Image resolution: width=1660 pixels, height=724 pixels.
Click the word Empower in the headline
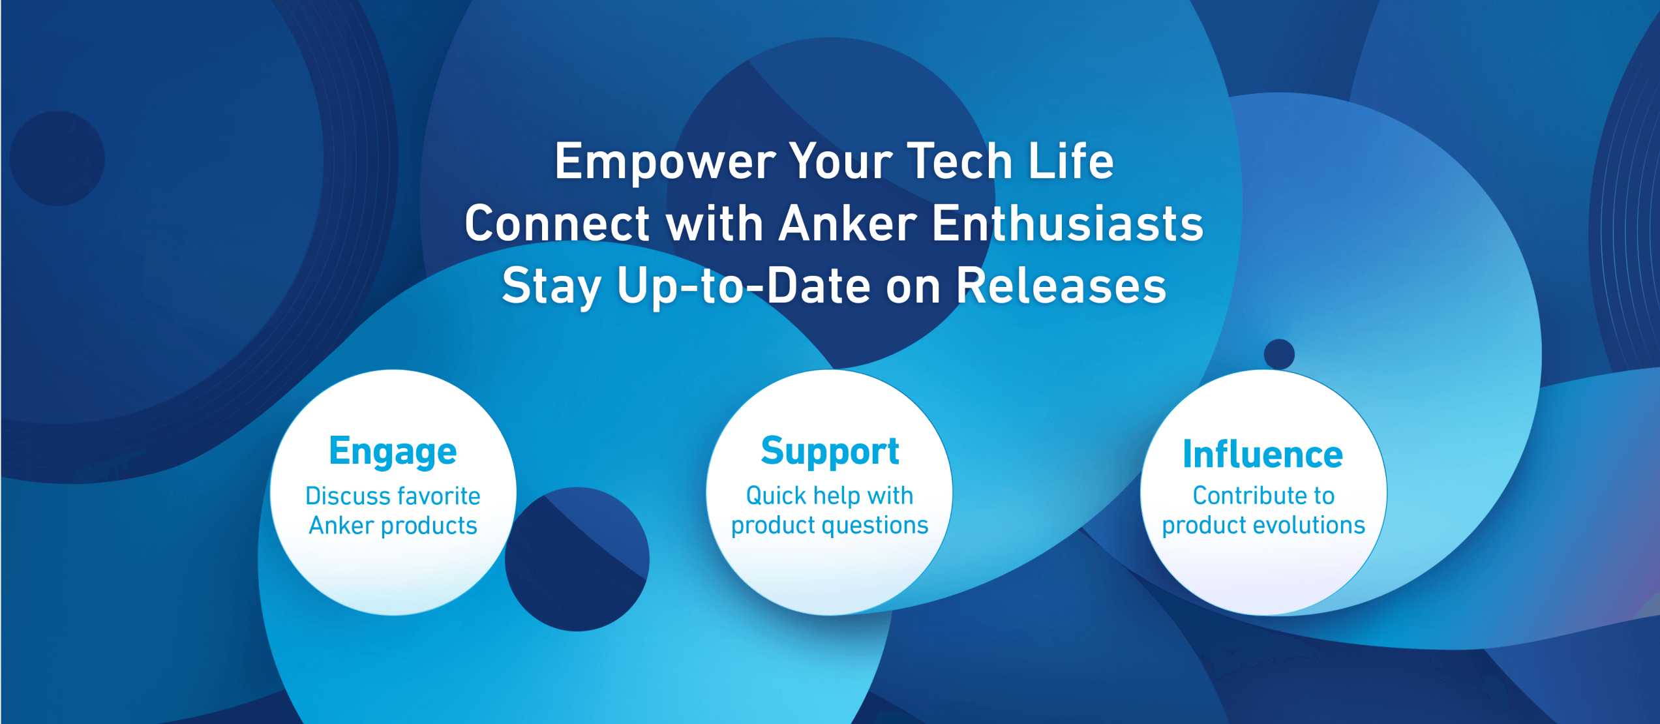[x=665, y=162]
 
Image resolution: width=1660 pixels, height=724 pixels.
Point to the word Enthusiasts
[x=1068, y=224]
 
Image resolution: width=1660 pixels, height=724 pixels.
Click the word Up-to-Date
[x=744, y=286]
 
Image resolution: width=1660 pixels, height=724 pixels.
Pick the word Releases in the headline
[x=1061, y=286]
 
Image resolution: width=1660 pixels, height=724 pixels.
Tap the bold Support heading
[x=830, y=452]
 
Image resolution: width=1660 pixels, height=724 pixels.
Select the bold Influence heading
[x=1263, y=454]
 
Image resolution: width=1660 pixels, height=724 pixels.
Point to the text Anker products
[x=393, y=526]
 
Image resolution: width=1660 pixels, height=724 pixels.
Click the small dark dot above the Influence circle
[x=1279, y=354]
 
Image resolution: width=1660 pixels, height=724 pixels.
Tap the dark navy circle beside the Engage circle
[x=577, y=559]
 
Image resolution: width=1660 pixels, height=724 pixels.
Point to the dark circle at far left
[x=57, y=158]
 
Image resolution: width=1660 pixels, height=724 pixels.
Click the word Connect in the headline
[x=557, y=224]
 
